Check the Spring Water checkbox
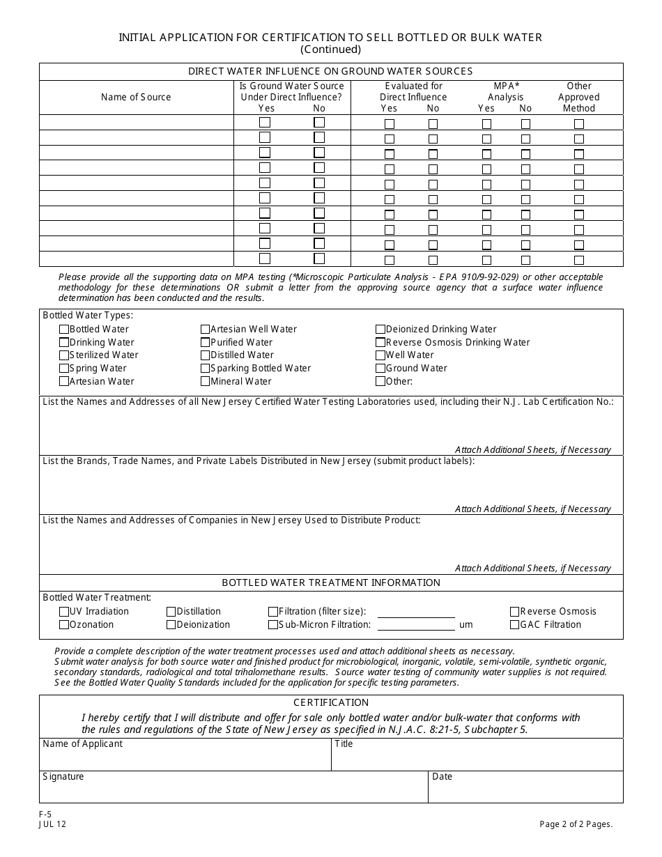pyautogui.click(x=64, y=369)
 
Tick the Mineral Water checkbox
pyautogui.click(x=206, y=382)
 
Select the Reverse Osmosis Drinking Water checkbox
pyautogui.click(x=380, y=343)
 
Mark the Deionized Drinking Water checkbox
pyautogui.click(x=380, y=330)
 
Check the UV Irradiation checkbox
pyautogui.click(x=64, y=612)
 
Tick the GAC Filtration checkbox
pyautogui.click(x=515, y=625)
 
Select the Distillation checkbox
pyautogui.click(x=171, y=612)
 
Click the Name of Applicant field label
pyautogui.click(x=82, y=744)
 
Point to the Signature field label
pyautogui.click(x=63, y=777)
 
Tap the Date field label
pyautogui.click(x=442, y=777)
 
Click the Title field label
pyautogui.click(x=344, y=744)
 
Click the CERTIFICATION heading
pyautogui.click(x=331, y=702)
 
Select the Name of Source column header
pyautogui.click(x=136, y=98)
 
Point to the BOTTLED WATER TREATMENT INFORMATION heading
pyautogui.click(x=331, y=582)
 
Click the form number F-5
pyautogui.click(x=45, y=814)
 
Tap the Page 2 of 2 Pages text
pyautogui.click(x=576, y=824)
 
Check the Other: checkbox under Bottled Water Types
pyautogui.click(x=380, y=382)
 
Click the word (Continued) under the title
pyautogui.click(x=330, y=49)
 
